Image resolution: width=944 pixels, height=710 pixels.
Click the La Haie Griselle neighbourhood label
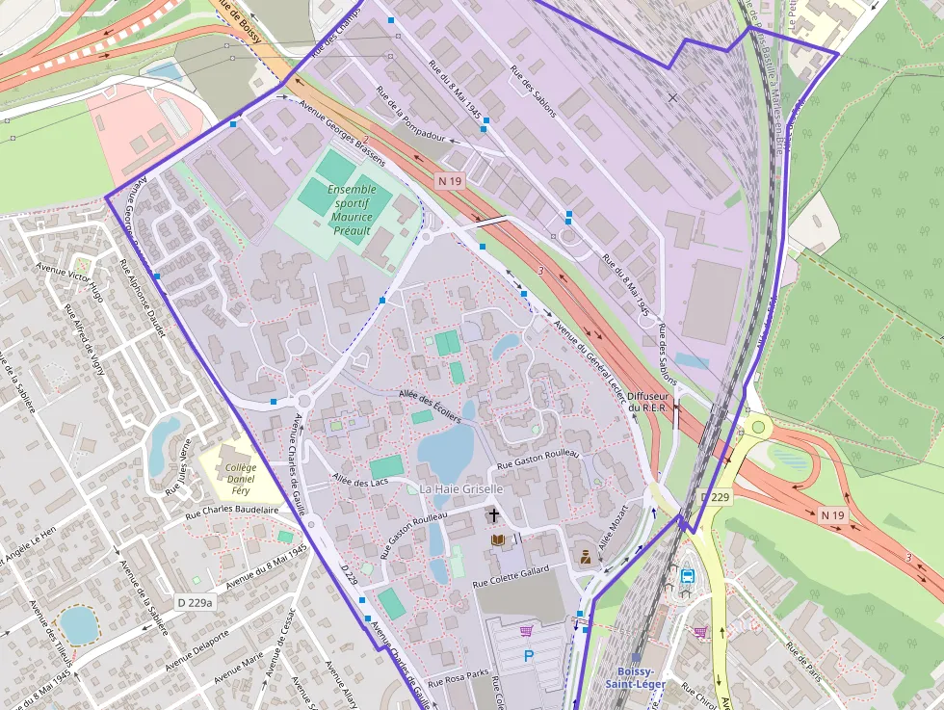click(x=461, y=488)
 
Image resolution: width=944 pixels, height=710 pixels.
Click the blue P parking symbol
click(x=528, y=656)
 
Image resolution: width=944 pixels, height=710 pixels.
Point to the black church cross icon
click(x=494, y=516)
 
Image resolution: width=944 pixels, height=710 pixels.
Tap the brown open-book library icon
click(x=498, y=539)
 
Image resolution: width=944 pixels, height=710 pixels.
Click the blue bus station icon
click(x=688, y=576)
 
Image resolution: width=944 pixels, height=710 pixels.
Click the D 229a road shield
click(x=195, y=602)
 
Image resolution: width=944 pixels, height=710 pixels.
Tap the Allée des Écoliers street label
click(x=430, y=408)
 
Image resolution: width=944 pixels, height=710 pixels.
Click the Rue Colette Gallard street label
click(x=511, y=577)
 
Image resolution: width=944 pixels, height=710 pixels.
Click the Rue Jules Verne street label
click(x=180, y=467)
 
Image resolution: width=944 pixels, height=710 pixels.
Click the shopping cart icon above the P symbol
click(x=526, y=631)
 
